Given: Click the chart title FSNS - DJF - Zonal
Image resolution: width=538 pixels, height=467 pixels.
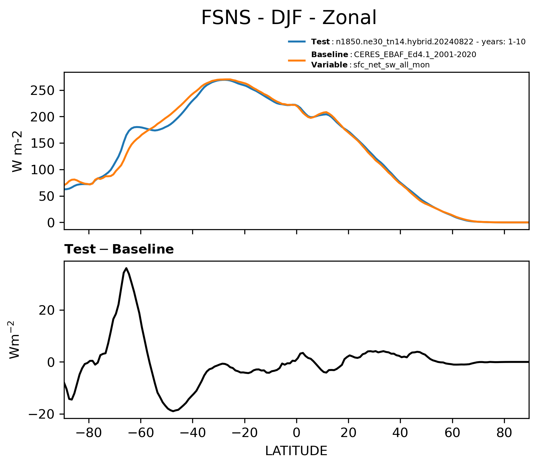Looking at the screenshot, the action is pyautogui.click(x=289, y=18).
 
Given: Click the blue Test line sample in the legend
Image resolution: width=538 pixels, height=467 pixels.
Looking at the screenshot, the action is pyautogui.click(x=297, y=41).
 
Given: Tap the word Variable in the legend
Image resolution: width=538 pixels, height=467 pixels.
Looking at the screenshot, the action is pyautogui.click(x=329, y=65).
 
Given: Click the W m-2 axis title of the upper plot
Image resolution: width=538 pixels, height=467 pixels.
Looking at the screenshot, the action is pyautogui.click(x=17, y=151).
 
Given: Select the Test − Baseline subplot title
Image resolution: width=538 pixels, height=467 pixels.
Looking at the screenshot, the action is pyautogui.click(x=119, y=249).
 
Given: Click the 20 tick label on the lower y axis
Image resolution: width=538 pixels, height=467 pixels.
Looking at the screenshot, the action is pyautogui.click(x=47, y=310).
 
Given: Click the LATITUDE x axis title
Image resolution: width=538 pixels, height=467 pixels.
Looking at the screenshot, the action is pyautogui.click(x=296, y=451).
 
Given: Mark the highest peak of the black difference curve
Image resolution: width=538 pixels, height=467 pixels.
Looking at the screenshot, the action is pyautogui.click(x=126, y=268).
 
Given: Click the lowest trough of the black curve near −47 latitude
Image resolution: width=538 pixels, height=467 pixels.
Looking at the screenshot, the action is pyautogui.click(x=173, y=411).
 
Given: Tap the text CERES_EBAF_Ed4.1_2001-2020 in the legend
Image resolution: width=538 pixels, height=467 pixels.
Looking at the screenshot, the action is pyautogui.click(x=415, y=55).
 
